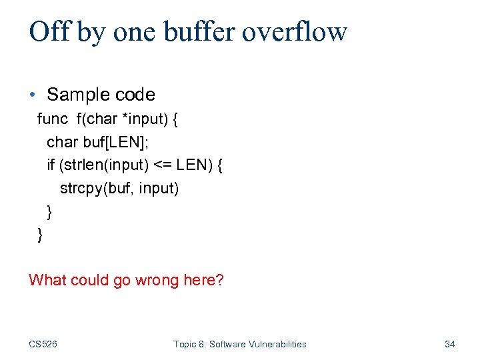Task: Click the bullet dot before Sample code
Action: click(x=33, y=95)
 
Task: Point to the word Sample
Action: click(x=78, y=95)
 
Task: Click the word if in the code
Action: click(x=51, y=165)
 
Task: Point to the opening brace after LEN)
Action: click(x=220, y=165)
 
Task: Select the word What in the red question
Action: click(x=47, y=279)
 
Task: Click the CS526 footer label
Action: click(x=43, y=344)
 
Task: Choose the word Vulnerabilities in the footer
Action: click(x=275, y=344)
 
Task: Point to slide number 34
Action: click(x=449, y=344)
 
